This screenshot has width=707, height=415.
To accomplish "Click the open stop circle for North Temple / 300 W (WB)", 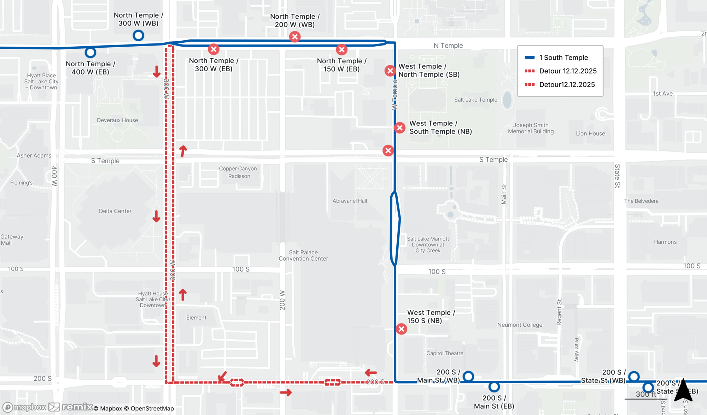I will [x=138, y=35].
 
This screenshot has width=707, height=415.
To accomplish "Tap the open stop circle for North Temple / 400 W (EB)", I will [x=90, y=53].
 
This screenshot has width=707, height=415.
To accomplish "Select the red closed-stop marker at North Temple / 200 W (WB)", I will [x=295, y=37].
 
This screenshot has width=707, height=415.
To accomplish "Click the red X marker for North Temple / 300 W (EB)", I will [x=214, y=49].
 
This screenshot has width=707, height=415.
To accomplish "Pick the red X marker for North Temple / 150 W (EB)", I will [x=341, y=49].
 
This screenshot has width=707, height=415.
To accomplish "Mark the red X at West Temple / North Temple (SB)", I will [x=390, y=71].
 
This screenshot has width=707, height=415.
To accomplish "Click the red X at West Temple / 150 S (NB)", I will [x=401, y=329].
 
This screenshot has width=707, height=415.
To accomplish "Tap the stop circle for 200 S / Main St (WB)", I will [x=468, y=377].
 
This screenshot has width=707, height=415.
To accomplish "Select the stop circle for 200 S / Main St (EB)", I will [x=494, y=387].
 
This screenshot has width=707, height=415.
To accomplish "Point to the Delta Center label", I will [x=115, y=211].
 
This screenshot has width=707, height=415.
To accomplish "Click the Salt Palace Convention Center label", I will [x=303, y=255].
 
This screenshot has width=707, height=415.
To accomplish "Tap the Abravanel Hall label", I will [x=350, y=201].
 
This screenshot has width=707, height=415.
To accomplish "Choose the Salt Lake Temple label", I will [x=475, y=100].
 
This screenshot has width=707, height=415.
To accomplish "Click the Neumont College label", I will [x=520, y=325].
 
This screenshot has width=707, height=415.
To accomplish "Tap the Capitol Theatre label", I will [x=445, y=353].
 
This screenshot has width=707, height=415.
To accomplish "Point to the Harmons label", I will [x=665, y=242].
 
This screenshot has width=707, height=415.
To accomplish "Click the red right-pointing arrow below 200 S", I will [x=286, y=392].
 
